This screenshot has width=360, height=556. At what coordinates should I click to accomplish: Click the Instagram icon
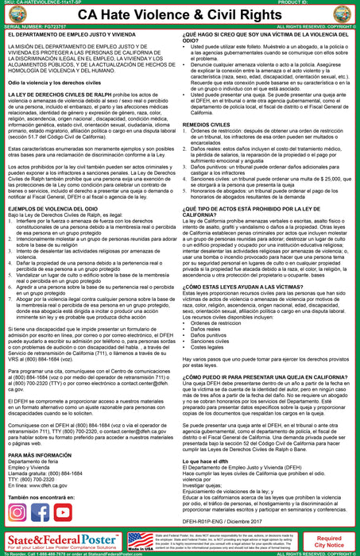point(17,512)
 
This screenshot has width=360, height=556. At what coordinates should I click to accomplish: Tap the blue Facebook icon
point(40,512)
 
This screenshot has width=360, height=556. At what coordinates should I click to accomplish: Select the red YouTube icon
point(62,512)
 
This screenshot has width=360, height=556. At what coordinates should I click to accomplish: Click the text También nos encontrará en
point(45,496)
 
